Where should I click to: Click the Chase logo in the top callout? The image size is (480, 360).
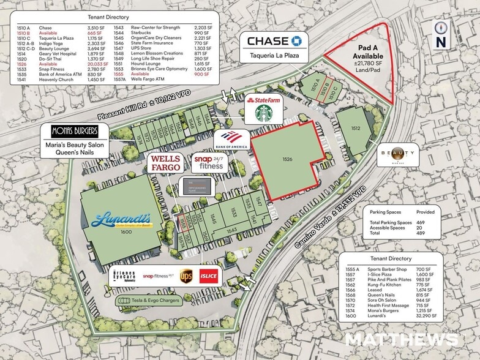pos(274,42)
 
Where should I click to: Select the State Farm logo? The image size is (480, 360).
pos(264,99)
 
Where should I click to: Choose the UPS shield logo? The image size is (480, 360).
pos(186,276)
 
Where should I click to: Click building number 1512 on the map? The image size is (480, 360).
pos(355,128)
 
